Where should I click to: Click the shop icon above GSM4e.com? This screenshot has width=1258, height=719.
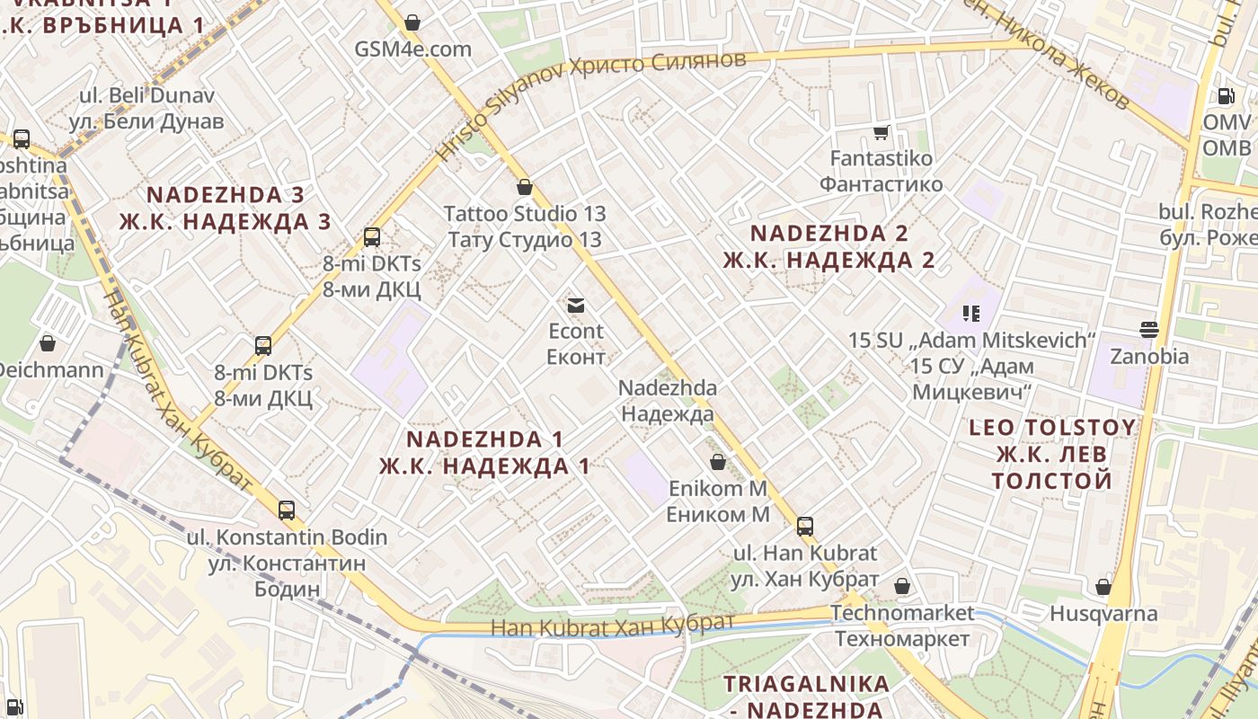412,22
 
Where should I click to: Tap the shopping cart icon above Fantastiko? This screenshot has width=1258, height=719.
881,132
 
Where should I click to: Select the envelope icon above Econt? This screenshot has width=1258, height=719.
576,306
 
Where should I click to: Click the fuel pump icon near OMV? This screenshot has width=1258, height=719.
1227,95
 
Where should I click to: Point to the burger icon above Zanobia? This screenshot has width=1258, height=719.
1148,329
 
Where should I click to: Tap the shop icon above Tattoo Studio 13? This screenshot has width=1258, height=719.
525,188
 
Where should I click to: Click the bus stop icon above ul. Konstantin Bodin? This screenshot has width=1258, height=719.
287,510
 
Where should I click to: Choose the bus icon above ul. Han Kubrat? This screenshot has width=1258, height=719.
805,527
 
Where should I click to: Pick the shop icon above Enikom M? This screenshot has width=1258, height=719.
718,463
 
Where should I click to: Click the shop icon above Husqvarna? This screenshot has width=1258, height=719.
1103,588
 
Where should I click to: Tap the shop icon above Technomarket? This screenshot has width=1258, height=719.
902,587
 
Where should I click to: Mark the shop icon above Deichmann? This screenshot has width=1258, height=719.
48,343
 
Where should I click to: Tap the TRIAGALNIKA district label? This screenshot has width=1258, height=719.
806,684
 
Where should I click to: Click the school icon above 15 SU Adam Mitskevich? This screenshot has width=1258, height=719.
970,314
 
